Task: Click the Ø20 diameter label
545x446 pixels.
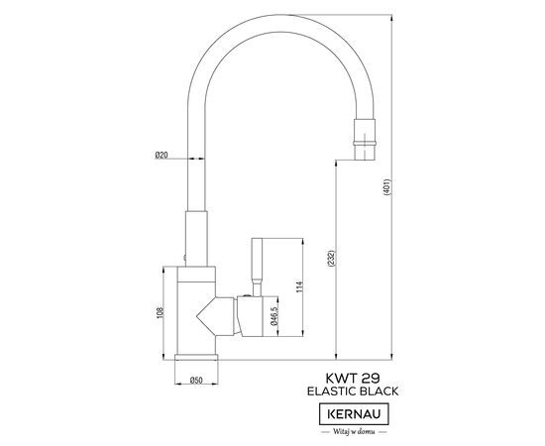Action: click(162, 155)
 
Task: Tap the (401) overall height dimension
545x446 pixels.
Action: click(387, 187)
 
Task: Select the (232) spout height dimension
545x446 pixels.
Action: click(331, 259)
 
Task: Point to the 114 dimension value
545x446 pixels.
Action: click(299, 286)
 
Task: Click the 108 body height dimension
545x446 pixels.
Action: click(160, 313)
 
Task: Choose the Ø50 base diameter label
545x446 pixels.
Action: click(196, 381)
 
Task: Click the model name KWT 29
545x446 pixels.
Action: click(353, 378)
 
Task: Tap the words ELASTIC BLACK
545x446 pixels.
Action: click(353, 391)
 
